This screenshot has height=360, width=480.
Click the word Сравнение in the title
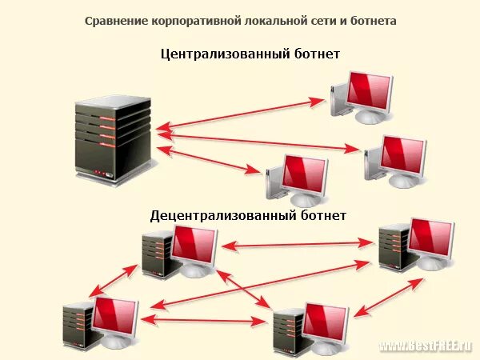111,20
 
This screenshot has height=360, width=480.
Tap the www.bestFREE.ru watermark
425,346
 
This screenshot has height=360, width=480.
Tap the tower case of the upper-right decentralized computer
392,248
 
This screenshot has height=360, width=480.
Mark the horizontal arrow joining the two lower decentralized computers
204,320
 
